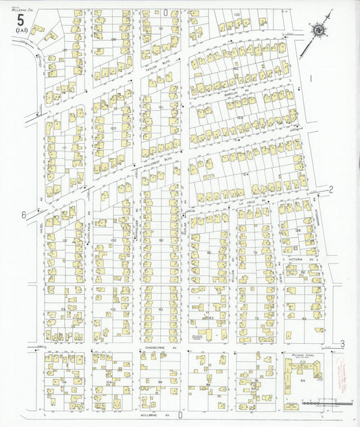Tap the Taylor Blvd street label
pyautogui.click(x=161, y=58)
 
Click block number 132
pyautogui.click(x=236, y=14)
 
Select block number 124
pyautogui.click(x=246, y=174)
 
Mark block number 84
pyautogui.click(x=303, y=382)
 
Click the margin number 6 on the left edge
pyautogui.click(x=23, y=215)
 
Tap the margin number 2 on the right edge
pyautogui.click(x=332, y=190)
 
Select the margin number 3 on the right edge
pyautogui.click(x=342, y=345)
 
